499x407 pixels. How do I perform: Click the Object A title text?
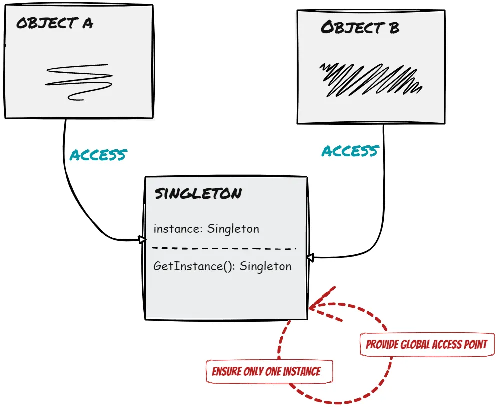click(x=54, y=23)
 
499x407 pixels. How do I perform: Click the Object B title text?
click(x=360, y=27)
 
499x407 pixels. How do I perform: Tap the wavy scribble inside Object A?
click(x=79, y=81)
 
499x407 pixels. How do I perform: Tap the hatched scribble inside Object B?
click(x=370, y=79)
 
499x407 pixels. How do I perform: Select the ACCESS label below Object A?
click(x=98, y=155)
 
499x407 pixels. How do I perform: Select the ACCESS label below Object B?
click(x=350, y=151)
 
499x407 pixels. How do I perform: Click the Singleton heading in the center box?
click(x=198, y=194)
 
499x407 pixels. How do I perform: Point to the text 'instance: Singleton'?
click(x=206, y=229)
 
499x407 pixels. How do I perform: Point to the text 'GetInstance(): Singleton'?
click(x=222, y=266)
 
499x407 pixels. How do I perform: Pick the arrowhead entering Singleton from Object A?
click(x=142, y=240)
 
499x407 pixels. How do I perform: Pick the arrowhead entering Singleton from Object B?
click(x=310, y=258)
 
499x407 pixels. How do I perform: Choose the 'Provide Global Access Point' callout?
click(x=426, y=344)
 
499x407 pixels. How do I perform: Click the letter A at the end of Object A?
click(x=87, y=23)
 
